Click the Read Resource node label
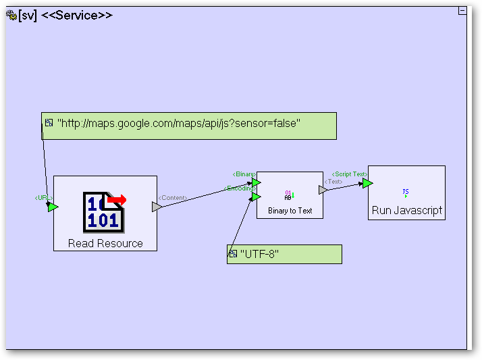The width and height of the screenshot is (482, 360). click(x=105, y=243)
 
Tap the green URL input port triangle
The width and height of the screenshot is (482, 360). click(x=53, y=207)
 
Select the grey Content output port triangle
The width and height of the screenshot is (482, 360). click(x=157, y=207)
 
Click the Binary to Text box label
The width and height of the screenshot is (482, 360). click(x=290, y=211)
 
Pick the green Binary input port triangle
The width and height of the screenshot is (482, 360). click(x=256, y=182)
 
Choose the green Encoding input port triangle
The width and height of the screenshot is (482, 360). click(x=256, y=197)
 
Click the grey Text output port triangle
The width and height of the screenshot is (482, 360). click(x=323, y=190)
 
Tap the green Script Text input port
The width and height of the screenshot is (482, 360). click(x=367, y=183)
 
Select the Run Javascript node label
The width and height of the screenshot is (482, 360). click(x=406, y=210)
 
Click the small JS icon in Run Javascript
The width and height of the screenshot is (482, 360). click(x=406, y=192)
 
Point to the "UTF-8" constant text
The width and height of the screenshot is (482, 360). click(x=259, y=254)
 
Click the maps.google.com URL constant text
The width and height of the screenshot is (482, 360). click(x=179, y=123)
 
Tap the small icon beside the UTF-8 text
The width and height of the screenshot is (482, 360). click(x=233, y=254)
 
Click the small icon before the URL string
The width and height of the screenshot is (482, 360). click(x=49, y=123)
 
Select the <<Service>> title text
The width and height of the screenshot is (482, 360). click(x=77, y=16)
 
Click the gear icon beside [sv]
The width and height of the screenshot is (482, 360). click(x=11, y=16)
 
